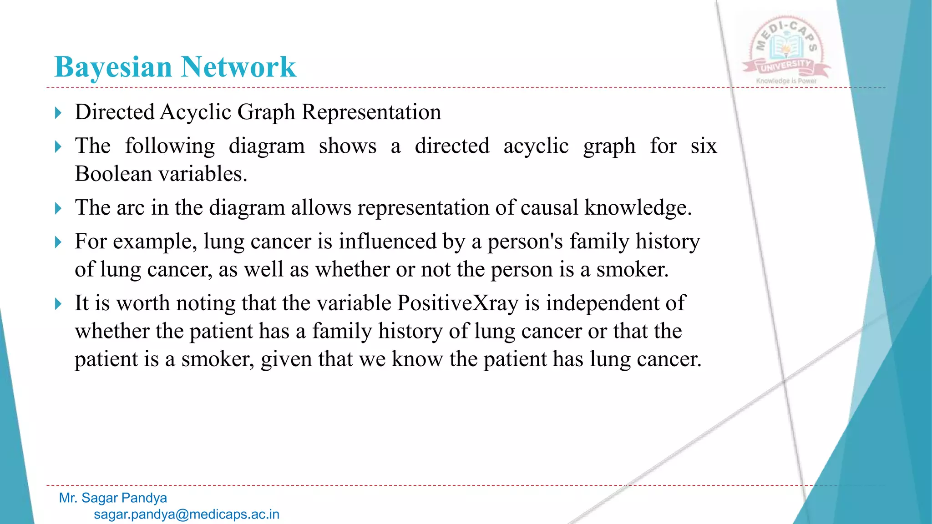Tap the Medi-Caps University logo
(x=786, y=48)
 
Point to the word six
(x=703, y=146)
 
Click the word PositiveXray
(x=457, y=303)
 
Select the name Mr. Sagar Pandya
(x=113, y=498)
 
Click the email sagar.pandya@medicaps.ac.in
(x=187, y=514)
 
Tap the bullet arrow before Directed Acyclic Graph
(x=58, y=112)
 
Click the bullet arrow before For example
(x=58, y=242)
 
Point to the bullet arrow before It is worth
(x=58, y=303)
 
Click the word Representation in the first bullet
(x=371, y=112)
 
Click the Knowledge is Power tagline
(x=786, y=81)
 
